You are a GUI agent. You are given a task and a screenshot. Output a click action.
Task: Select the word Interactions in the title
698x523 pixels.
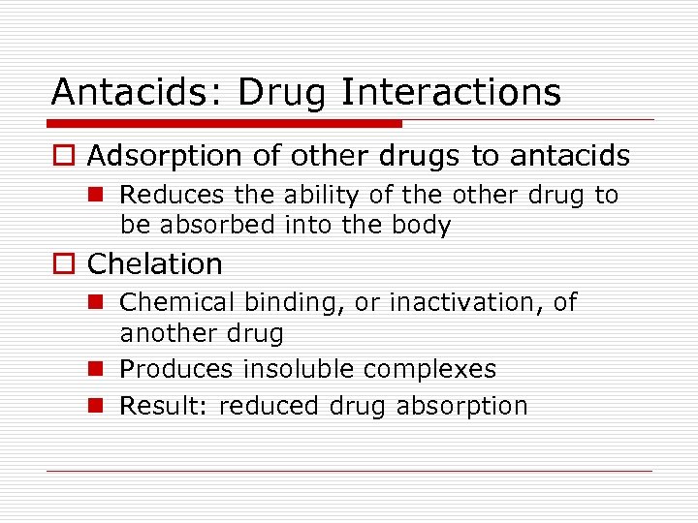click(451, 92)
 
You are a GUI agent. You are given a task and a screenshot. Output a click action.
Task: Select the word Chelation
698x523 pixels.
click(155, 263)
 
